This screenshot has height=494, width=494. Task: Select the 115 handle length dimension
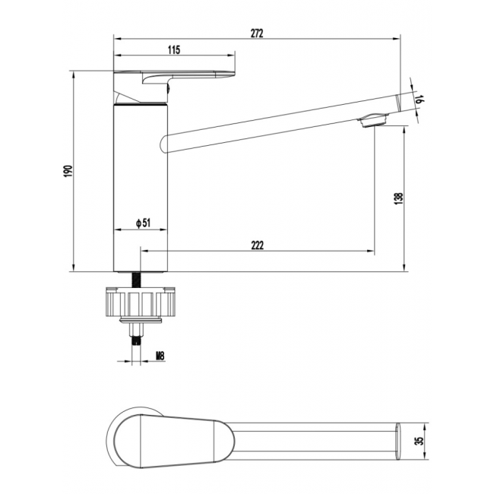(x=173, y=49)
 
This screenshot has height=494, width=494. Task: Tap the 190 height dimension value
(x=68, y=172)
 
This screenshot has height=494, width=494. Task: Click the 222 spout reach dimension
(x=256, y=244)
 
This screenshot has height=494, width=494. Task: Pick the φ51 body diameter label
(x=141, y=223)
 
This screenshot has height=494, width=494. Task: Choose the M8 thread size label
(x=160, y=355)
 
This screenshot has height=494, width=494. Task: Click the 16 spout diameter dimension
(x=420, y=97)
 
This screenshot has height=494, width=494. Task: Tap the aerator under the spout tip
(x=375, y=119)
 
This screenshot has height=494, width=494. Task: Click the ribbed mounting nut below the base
(x=141, y=303)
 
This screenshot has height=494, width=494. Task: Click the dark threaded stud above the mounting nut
(x=139, y=279)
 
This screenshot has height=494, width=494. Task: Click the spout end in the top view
(x=399, y=440)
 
